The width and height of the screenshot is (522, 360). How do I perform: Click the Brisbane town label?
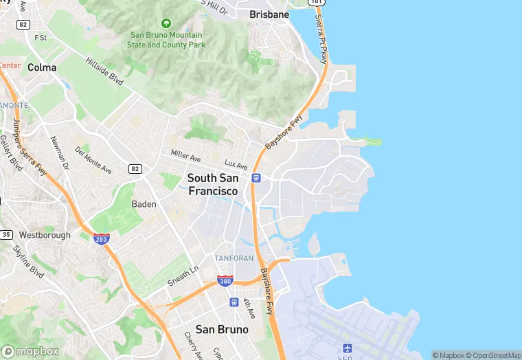[x=269, y=14]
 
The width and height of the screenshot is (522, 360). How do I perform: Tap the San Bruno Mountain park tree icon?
[x=166, y=23]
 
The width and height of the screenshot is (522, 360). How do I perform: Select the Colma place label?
[x=42, y=67]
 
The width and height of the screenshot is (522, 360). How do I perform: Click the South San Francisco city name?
[x=213, y=185]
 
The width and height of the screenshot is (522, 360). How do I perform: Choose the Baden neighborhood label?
[x=144, y=204]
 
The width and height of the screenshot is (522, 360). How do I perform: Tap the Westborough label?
[x=45, y=235]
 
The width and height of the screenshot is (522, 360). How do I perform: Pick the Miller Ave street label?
[x=185, y=157]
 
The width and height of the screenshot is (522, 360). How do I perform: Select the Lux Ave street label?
[x=236, y=165]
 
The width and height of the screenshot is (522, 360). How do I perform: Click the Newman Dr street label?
[x=60, y=152]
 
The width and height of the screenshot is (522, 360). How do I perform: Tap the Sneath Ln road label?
[x=183, y=277]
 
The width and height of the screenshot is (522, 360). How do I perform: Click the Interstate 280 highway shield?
[x=102, y=239]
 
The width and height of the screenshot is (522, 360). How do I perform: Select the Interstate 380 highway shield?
[x=225, y=280]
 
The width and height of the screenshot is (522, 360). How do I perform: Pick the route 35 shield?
[x=6, y=235]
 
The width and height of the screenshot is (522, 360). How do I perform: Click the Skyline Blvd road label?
[x=29, y=260]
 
